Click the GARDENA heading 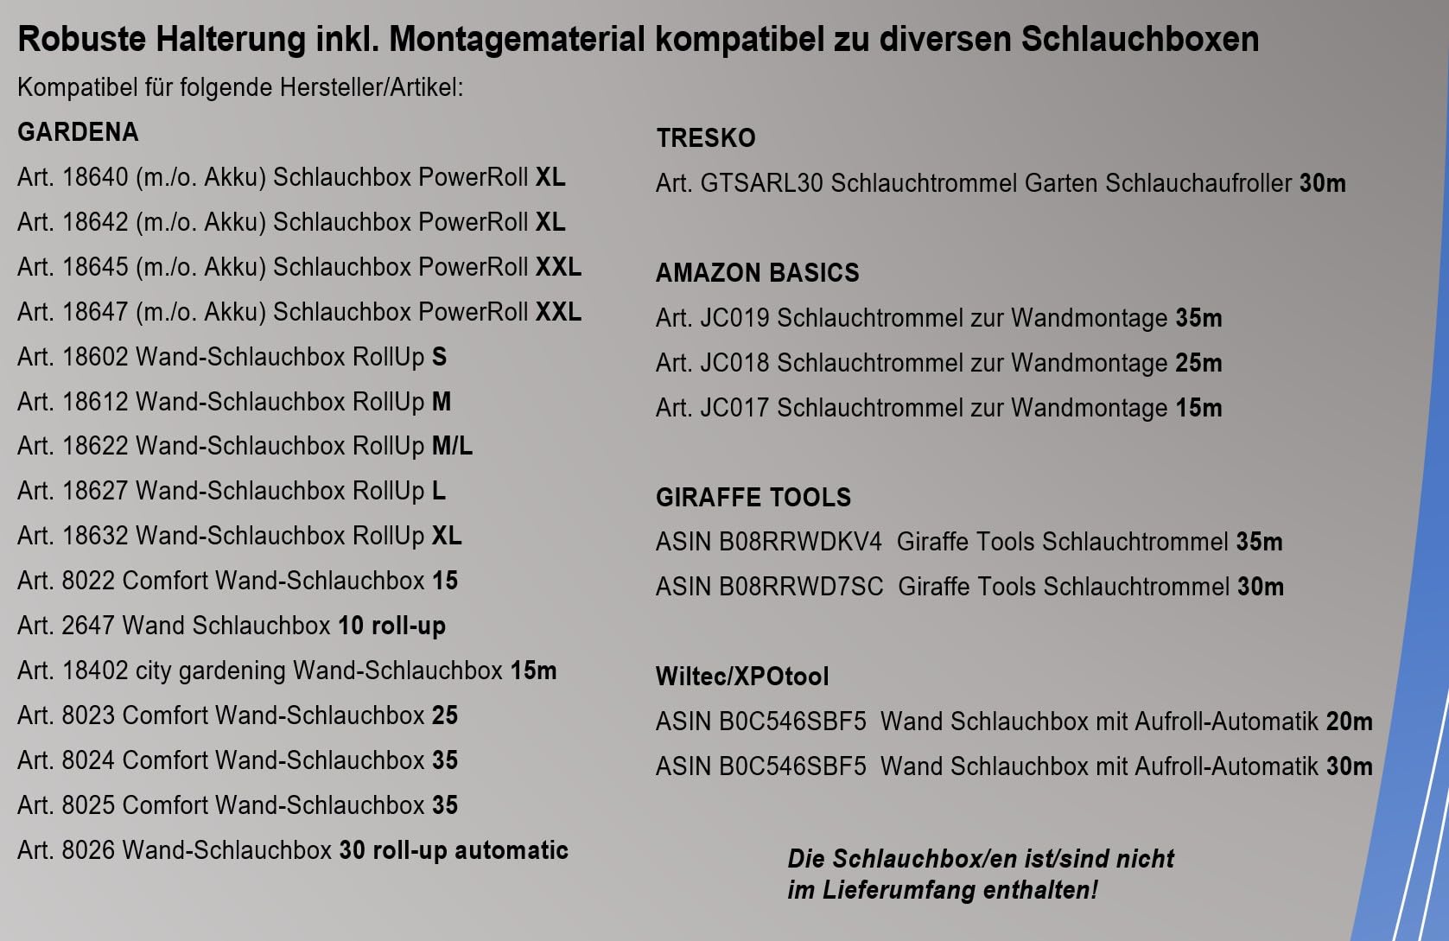pos(78,132)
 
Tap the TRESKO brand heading pos(705,138)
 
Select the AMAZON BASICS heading pos(757,273)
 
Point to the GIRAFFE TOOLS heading pos(753,498)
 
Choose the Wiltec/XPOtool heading pos(742,677)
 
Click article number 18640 pos(95,177)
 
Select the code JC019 pos(734,318)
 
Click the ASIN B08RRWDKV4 pos(800,543)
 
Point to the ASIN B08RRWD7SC pos(801,588)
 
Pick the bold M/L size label pos(452,446)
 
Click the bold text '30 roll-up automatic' pos(454,850)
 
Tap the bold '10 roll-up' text pos(391,626)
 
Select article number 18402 pos(95,671)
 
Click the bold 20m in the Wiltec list pos(1349,722)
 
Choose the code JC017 pos(734,408)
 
